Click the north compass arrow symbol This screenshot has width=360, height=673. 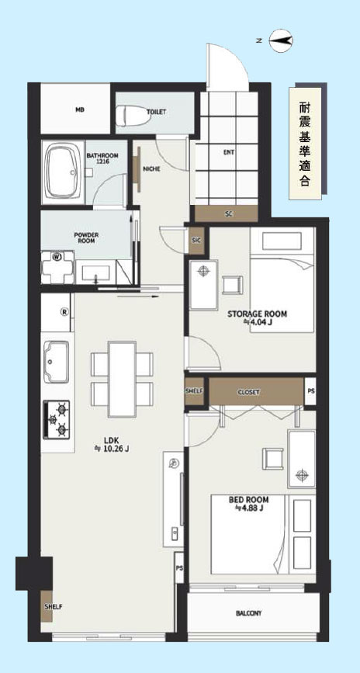[x=282, y=41]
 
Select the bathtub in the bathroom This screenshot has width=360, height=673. [x=63, y=172]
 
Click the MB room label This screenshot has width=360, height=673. [x=80, y=109]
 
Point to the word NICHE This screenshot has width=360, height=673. [x=151, y=168]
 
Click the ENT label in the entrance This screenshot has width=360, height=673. [x=229, y=152]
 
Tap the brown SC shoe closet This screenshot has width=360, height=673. [x=227, y=213]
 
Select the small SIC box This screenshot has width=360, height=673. [x=196, y=241]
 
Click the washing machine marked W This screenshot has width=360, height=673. [x=57, y=267]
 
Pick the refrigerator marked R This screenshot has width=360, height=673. [x=56, y=312]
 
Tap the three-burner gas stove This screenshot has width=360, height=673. [x=56, y=420]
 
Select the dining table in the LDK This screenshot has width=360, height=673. [x=123, y=379]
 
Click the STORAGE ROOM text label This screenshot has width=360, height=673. [x=257, y=314]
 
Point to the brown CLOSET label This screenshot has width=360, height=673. [x=249, y=392]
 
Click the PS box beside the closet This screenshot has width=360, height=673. [x=310, y=391]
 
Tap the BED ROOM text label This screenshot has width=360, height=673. [x=249, y=500]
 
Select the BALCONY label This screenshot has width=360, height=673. [x=249, y=613]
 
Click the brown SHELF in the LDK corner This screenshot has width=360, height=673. [x=47, y=607]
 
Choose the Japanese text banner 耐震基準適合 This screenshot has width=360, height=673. [x=305, y=144]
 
